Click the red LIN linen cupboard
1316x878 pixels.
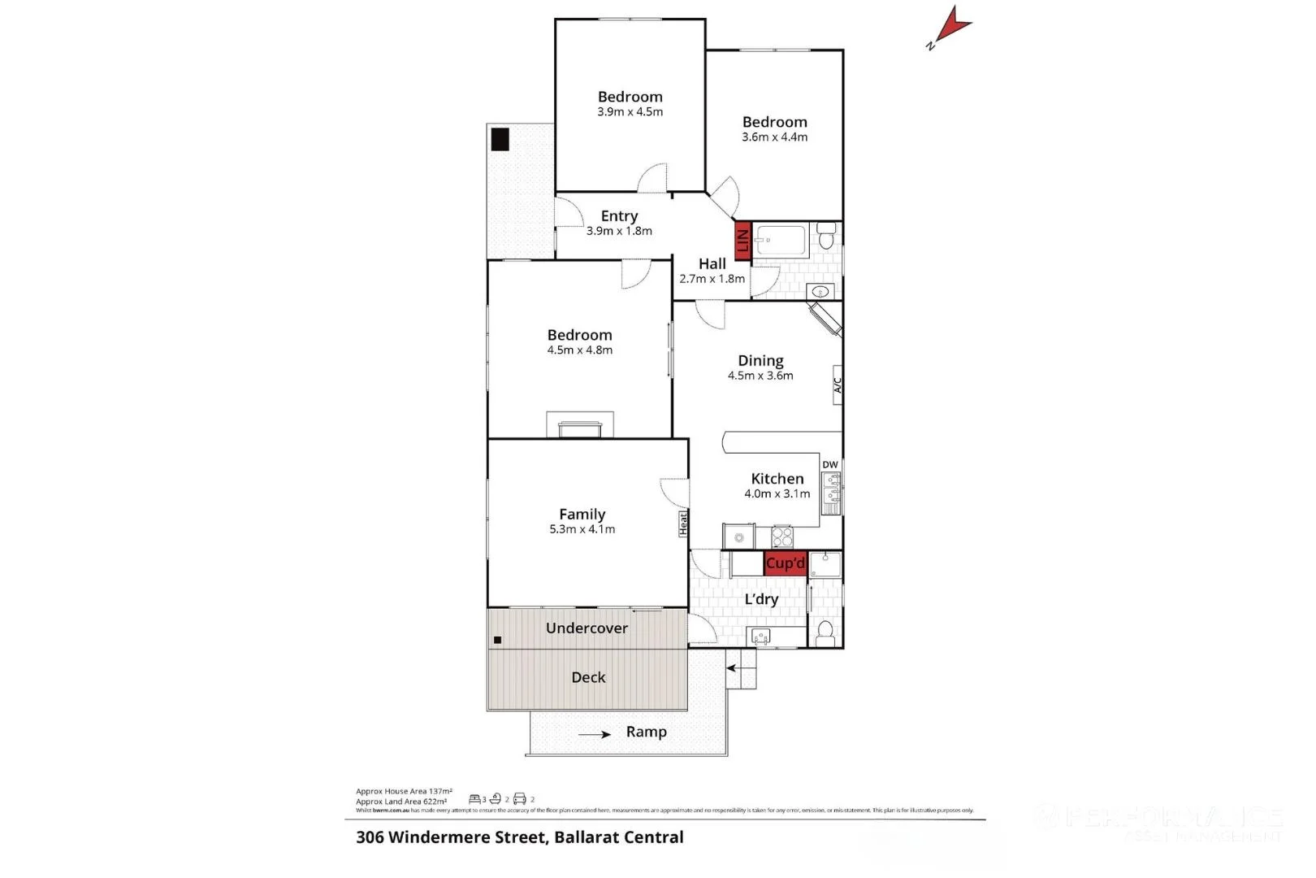742,241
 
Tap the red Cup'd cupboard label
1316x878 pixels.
785,563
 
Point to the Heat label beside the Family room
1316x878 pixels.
683,523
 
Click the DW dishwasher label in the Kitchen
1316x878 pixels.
829,465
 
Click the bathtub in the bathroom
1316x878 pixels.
780,241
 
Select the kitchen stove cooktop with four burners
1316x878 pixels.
781,537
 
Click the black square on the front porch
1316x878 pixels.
500,140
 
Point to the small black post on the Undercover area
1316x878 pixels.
497,641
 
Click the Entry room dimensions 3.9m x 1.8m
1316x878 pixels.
619,231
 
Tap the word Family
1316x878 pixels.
582,514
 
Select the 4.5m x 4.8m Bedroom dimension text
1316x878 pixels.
579,350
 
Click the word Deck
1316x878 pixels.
588,677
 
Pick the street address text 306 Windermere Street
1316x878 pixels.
451,837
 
